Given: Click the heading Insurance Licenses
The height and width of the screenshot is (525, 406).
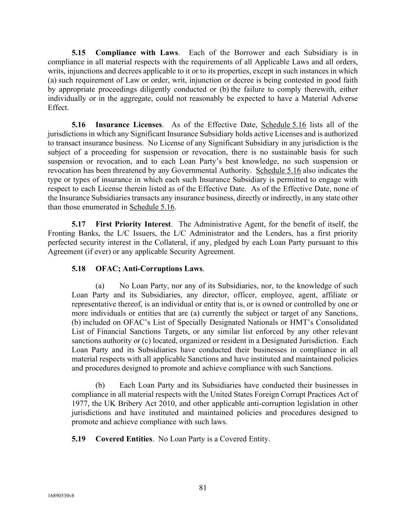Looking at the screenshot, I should [129, 125].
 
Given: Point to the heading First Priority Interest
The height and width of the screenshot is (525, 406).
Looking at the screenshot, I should [133, 224].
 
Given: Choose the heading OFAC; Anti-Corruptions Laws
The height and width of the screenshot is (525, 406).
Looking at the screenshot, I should [149, 268].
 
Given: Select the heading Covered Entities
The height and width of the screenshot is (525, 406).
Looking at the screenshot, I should [124, 439].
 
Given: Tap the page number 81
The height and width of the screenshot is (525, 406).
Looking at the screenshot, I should [203, 488].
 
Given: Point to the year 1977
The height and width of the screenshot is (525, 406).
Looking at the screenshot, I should [80, 403].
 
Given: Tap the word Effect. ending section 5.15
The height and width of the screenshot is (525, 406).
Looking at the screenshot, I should [58, 108].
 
